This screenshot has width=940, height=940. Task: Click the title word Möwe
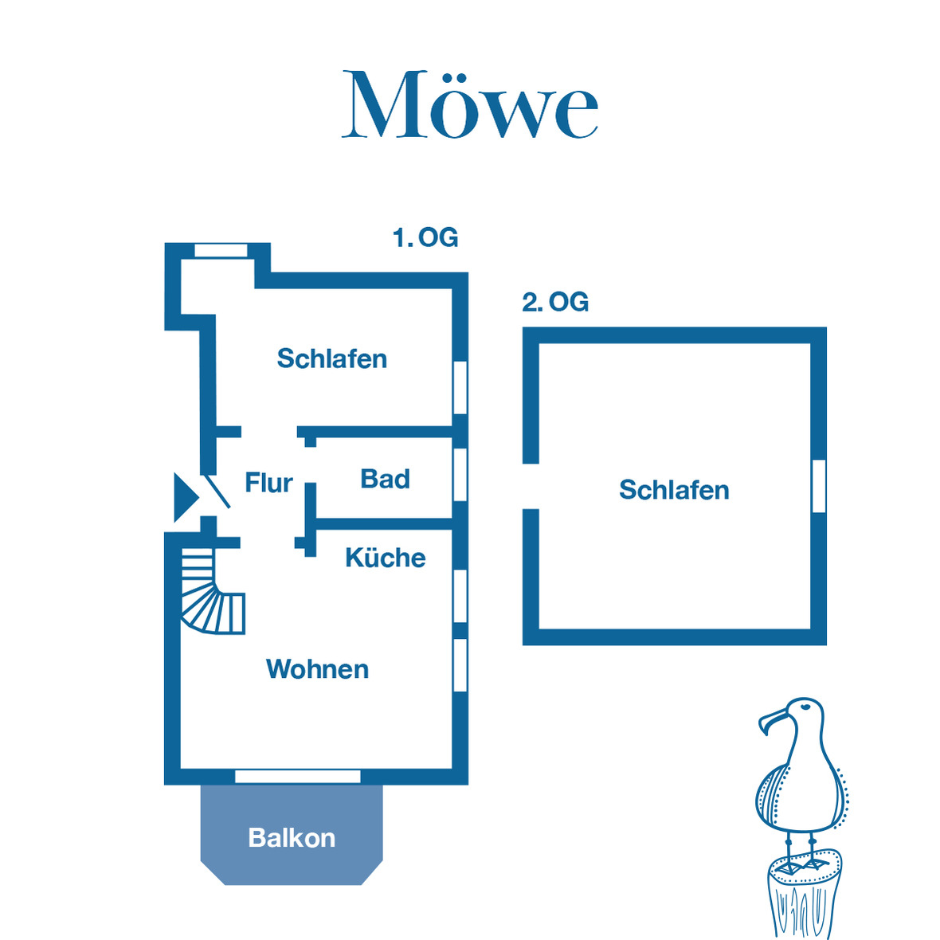470,105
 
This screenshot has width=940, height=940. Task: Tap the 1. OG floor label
425,237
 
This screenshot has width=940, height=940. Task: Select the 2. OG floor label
555,302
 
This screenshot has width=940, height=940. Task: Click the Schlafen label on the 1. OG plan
331,358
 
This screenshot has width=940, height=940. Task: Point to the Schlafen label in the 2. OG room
674,489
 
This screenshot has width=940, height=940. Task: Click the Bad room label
385,479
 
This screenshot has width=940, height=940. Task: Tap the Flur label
268,483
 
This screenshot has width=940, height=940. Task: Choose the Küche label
385,558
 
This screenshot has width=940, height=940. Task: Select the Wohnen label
317,669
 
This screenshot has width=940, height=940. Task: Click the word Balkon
292,838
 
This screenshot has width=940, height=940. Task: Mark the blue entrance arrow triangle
184,498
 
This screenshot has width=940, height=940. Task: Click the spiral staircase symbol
211,591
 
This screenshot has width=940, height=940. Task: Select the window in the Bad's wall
460,475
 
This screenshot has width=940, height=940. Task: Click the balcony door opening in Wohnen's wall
298,776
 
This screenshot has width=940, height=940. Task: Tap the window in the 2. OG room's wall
819,486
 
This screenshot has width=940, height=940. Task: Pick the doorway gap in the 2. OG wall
531,486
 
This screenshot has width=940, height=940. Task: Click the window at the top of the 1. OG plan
221,250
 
